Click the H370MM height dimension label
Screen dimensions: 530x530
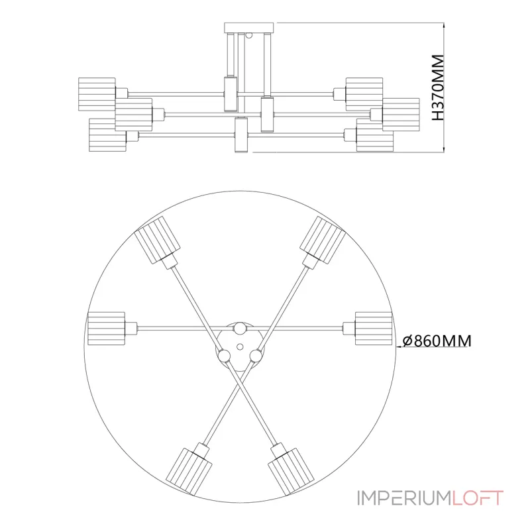click(x=437, y=88)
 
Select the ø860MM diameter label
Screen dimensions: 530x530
click(x=437, y=341)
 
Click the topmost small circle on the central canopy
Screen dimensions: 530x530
click(x=240, y=328)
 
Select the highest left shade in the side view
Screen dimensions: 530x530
click(x=97, y=93)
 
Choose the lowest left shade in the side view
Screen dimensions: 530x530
click(x=107, y=135)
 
